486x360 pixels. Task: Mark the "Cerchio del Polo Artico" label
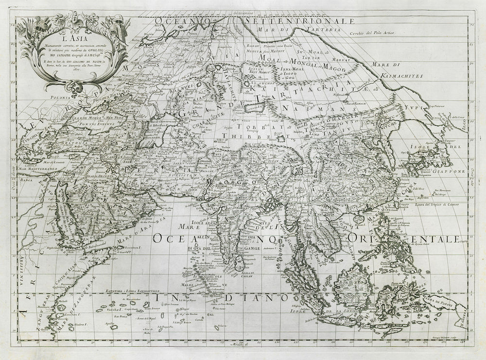(373, 33)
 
